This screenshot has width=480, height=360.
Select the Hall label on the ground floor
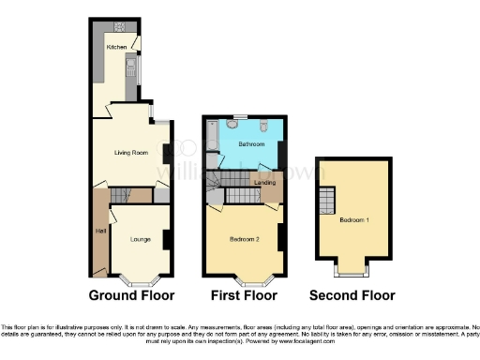98,230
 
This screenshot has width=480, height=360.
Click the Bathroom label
250,144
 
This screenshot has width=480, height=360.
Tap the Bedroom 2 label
244,239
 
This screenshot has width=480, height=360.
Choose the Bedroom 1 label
353,219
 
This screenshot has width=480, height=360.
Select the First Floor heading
244,295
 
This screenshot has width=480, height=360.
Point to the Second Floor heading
352,295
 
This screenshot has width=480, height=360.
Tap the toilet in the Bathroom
266,126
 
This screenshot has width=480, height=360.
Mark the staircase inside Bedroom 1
327,200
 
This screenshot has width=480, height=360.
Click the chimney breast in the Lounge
166,238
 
